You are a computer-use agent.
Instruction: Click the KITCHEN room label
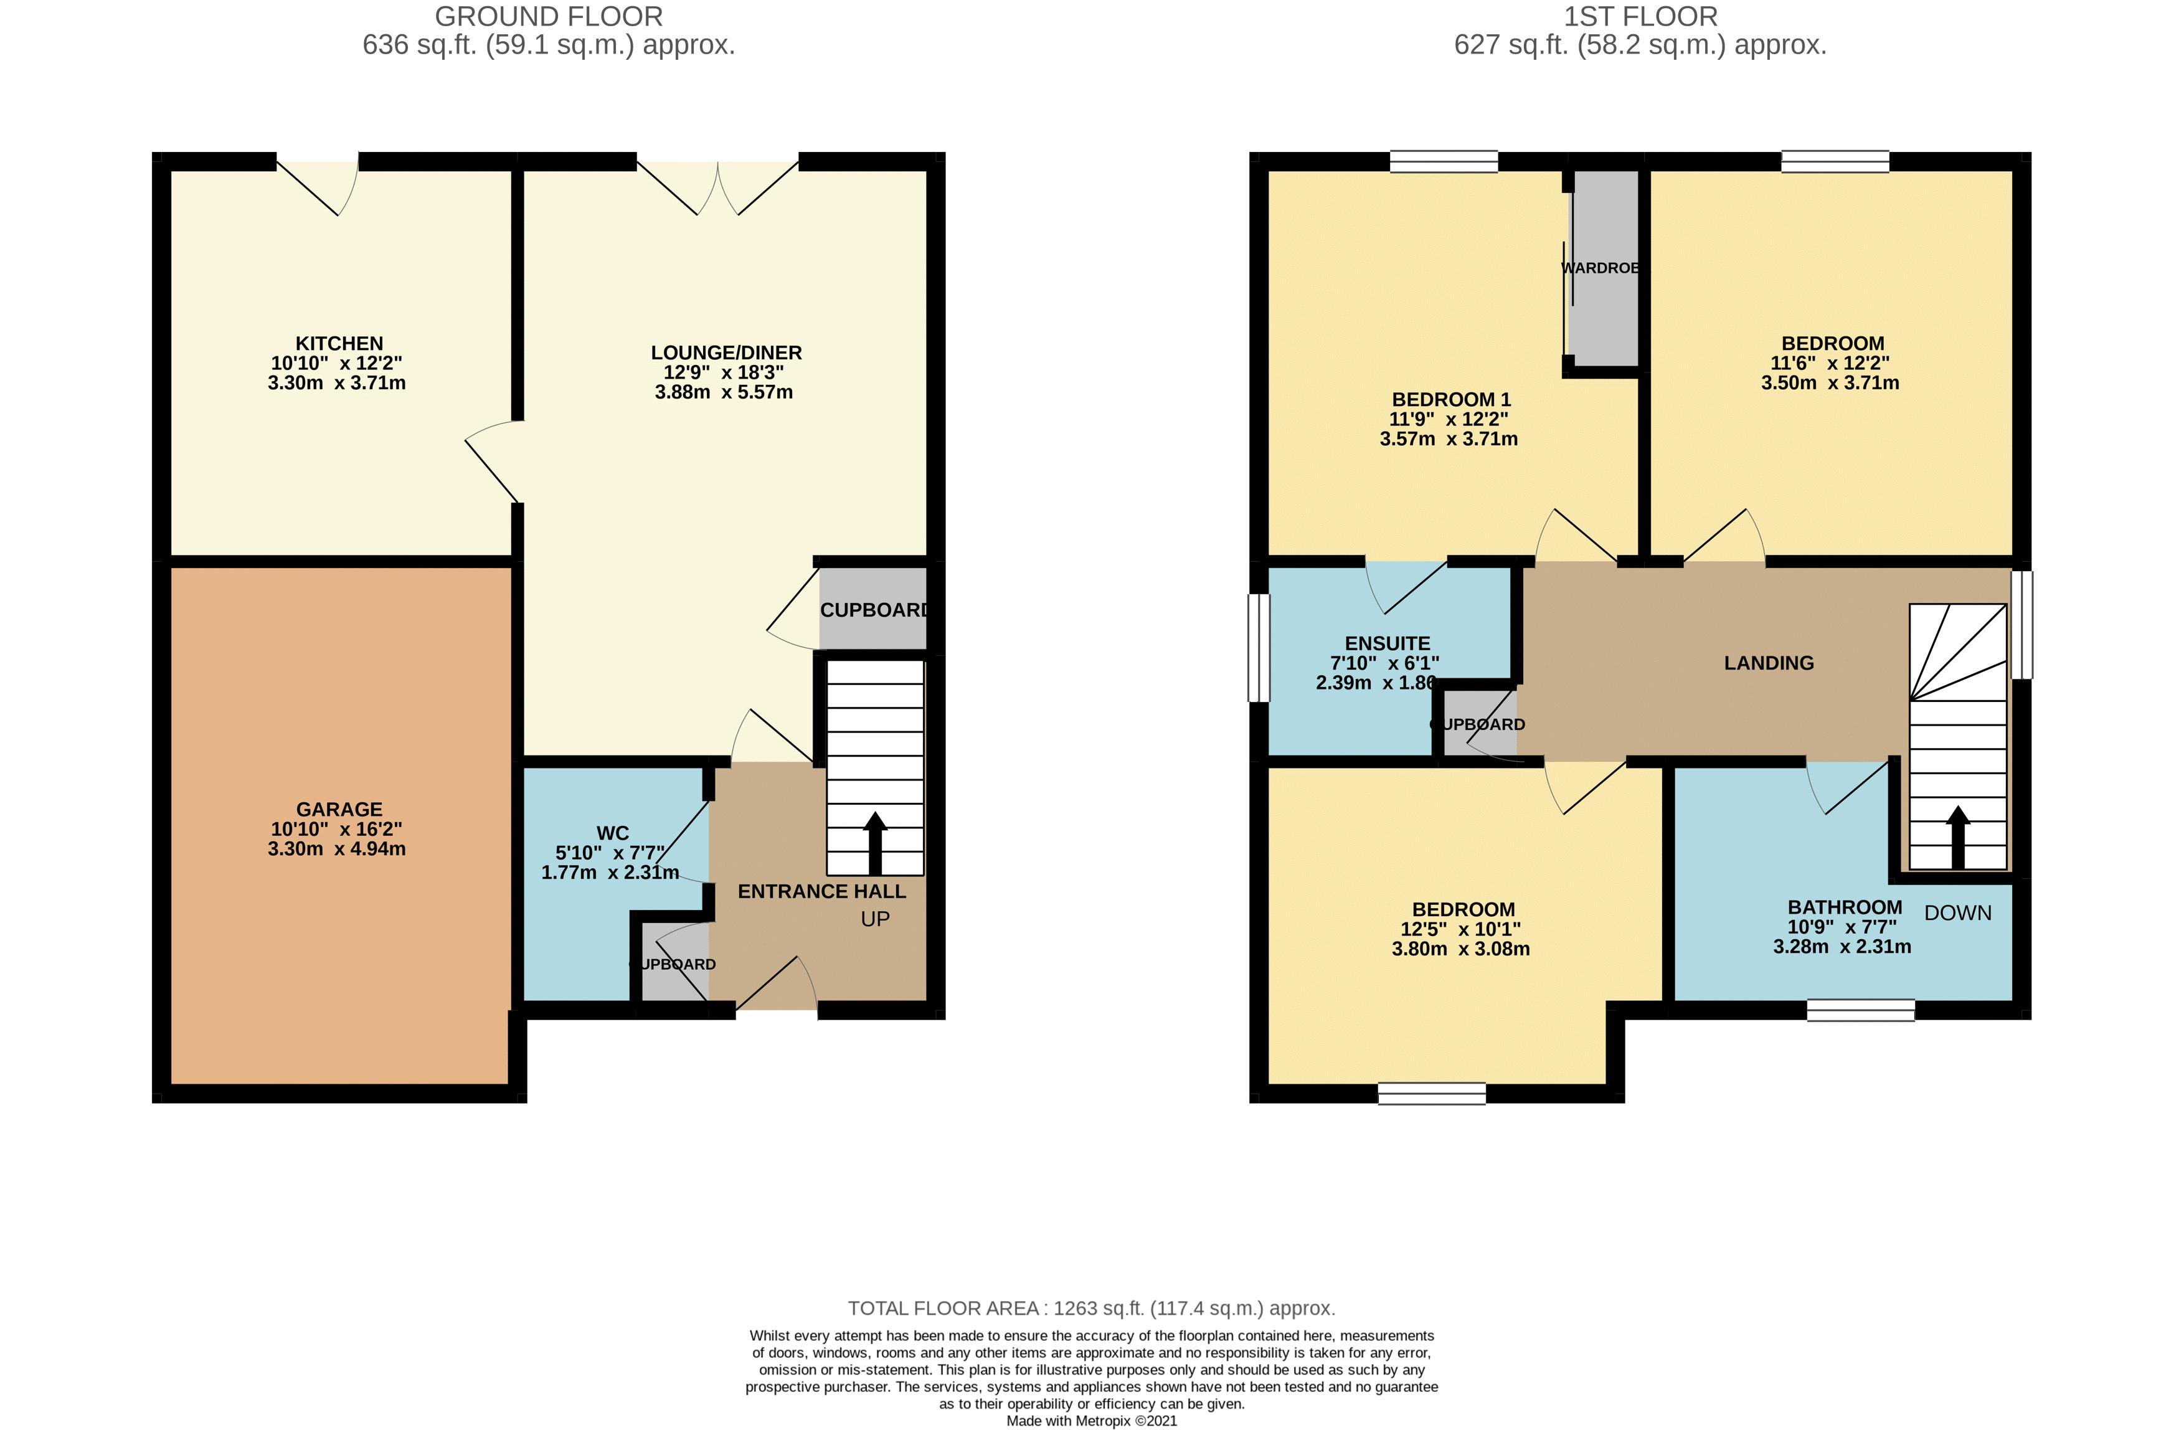[x=339, y=343]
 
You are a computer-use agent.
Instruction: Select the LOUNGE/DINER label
[x=726, y=353]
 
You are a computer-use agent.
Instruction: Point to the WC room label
[x=612, y=833]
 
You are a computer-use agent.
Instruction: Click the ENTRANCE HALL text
[x=821, y=891]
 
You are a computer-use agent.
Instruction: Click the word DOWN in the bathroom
[x=1957, y=913]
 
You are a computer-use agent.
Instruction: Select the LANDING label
[x=1768, y=663]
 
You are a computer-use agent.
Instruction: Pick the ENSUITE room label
[x=1387, y=643]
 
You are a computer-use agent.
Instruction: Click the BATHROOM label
[x=1845, y=907]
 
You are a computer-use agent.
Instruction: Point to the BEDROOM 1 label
[x=1451, y=399]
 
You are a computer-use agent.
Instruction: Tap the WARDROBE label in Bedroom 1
[x=1599, y=268]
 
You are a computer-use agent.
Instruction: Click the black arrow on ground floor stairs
[x=874, y=841]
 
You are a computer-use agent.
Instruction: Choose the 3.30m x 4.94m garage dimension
[x=337, y=849]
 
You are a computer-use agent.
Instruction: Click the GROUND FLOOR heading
[x=549, y=17]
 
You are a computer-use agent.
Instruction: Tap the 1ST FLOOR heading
[x=1640, y=17]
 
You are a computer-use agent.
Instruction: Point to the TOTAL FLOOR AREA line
[x=1091, y=1308]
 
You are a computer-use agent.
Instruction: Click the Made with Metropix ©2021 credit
[x=1091, y=1421]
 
